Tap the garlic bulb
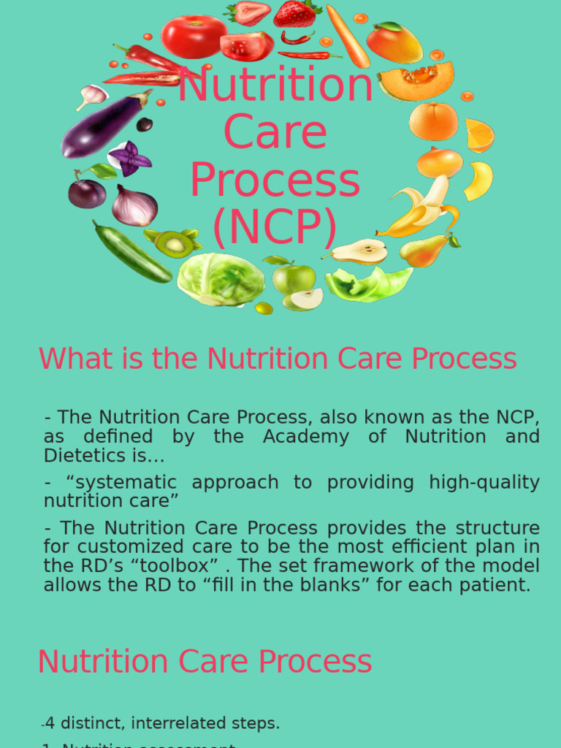[x=93, y=96]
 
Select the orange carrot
[x=348, y=36]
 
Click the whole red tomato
[x=194, y=36]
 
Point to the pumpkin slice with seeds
[x=416, y=80]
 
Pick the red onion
[x=134, y=206]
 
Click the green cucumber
[x=131, y=251]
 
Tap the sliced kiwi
[x=174, y=244]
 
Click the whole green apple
[x=294, y=278]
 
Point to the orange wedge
[x=479, y=136]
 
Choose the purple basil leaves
[x=130, y=159]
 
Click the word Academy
[x=295, y=437]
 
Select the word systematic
[x=117, y=483]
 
